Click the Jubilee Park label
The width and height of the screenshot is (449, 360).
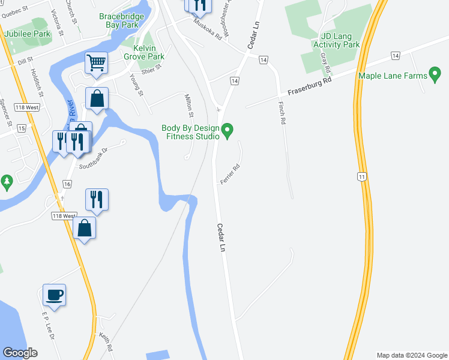click(x=28, y=34)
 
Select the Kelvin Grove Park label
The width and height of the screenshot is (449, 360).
click(x=144, y=52)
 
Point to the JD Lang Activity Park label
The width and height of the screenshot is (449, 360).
click(x=336, y=40)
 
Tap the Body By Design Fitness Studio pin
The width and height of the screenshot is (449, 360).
click(x=227, y=130)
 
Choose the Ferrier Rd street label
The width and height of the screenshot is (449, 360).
click(x=230, y=175)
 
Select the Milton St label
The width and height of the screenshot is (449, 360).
click(x=190, y=106)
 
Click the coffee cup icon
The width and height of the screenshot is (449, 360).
click(x=54, y=295)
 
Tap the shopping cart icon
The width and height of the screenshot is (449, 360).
click(x=96, y=62)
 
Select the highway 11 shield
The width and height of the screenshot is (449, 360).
click(x=361, y=176)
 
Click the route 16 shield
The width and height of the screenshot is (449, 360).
click(x=67, y=184)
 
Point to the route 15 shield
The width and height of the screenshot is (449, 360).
click(x=22, y=128)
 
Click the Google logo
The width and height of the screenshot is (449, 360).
click(x=20, y=353)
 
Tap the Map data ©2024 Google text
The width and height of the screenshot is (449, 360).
click(x=412, y=355)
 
